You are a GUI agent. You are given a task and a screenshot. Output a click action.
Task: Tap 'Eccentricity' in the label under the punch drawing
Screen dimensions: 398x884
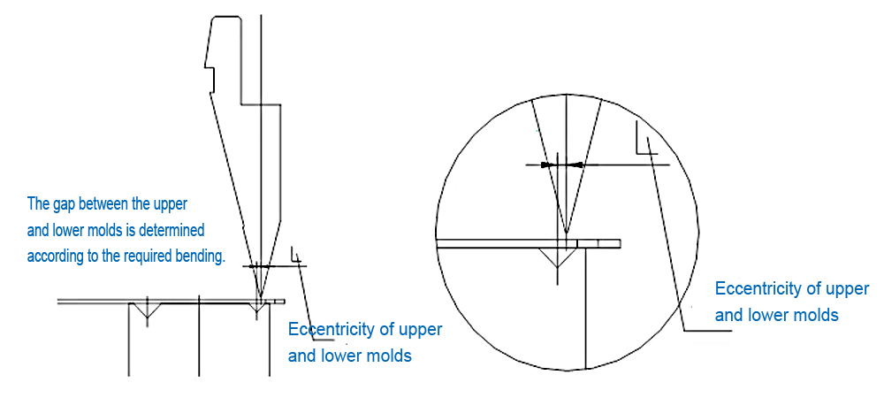(331, 330)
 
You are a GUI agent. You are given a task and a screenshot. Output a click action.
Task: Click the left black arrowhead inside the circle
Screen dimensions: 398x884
(548, 165)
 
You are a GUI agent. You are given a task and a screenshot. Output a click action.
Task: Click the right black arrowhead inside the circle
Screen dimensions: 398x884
(575, 165)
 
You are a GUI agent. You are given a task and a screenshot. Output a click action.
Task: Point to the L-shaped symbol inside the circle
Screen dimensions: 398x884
(644, 142)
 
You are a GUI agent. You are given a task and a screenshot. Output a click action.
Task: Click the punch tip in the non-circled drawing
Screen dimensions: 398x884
(260, 295)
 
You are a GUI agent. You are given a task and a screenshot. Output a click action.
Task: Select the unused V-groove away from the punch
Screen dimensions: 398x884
(146, 312)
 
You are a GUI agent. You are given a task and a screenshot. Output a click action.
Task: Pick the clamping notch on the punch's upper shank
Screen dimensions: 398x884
(210, 68)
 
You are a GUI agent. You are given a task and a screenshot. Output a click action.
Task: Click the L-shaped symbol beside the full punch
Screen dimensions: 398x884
(297, 256)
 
